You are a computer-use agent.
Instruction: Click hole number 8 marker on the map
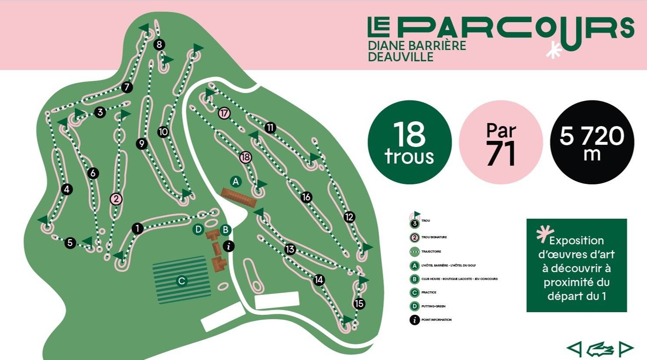pos(159,44)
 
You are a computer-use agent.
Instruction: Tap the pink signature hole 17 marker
pos(224,113)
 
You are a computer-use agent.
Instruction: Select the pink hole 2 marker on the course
pos(116,199)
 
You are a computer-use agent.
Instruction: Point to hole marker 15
pos(359,303)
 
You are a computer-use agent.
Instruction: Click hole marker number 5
pos(70,243)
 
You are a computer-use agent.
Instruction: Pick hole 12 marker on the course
pos(349,217)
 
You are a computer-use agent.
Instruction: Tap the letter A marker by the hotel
pos(236,181)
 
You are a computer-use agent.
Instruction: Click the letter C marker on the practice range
pos(182,281)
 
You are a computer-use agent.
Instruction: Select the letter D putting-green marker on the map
pos(198,229)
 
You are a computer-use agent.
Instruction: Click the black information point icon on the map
pos(228,246)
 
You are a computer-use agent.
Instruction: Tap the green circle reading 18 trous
pos(410,142)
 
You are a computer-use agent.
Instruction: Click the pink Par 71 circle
pos(501,142)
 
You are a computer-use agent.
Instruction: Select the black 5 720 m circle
pos(592,142)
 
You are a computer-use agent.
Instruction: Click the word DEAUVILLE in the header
pos(400,57)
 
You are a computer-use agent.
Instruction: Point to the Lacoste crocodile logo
pos(600,349)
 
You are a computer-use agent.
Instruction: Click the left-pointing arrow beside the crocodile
pos(574,348)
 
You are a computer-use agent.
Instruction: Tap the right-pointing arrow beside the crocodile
pos(626,348)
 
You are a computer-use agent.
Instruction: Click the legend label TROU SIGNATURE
pos(434,237)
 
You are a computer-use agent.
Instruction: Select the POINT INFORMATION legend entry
pos(436,320)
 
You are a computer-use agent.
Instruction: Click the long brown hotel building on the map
pos(238,197)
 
